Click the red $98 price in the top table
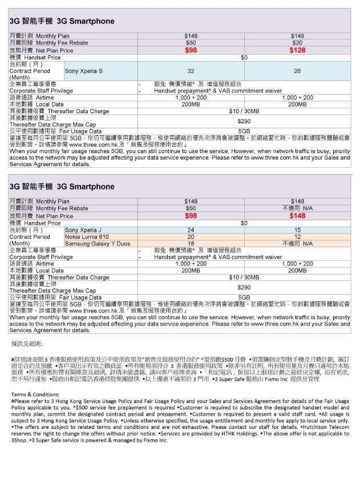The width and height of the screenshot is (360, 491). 191,50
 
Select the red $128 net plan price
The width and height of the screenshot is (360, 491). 297,50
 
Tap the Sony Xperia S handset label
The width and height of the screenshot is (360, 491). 84,71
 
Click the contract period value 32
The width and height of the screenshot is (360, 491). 191,71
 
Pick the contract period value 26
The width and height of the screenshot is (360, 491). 297,71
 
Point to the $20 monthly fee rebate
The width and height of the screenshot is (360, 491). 297,43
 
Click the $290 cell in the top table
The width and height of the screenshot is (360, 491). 244,122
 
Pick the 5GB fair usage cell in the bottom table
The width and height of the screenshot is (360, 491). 244,297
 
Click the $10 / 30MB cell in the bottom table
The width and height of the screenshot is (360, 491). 244,277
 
